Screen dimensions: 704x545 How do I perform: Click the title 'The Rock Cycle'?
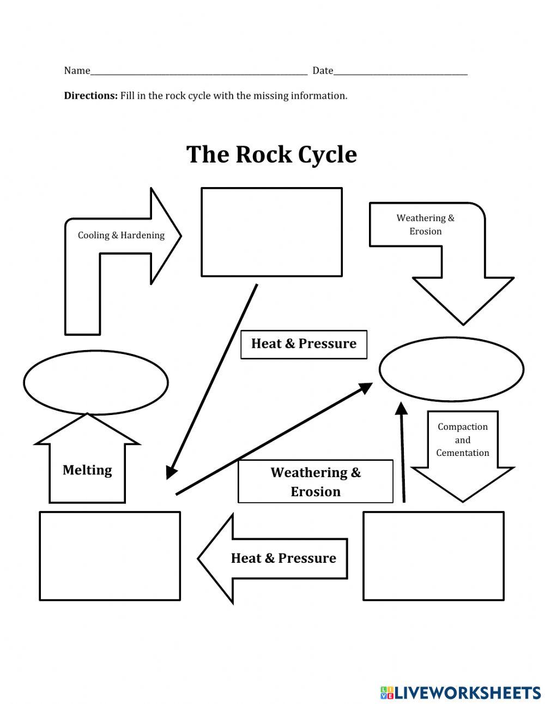[271, 154]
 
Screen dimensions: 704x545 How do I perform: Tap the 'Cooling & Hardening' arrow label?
[121, 235]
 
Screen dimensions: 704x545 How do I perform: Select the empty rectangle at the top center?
[271, 232]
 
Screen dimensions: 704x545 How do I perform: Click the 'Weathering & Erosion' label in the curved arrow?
[425, 225]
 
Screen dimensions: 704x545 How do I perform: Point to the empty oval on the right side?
[451, 369]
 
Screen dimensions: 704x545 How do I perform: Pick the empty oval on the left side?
[95, 382]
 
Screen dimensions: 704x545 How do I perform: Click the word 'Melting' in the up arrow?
[87, 470]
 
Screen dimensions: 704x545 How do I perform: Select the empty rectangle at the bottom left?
[110, 556]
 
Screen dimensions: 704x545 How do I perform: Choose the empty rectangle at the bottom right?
[433, 556]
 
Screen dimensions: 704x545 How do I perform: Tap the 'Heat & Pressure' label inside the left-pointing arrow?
[283, 558]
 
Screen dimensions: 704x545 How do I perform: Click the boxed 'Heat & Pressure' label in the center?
[304, 344]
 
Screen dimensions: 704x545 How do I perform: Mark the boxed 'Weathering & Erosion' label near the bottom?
[316, 482]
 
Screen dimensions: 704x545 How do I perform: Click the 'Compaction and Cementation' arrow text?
[463, 440]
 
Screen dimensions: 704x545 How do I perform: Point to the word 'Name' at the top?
[77, 70]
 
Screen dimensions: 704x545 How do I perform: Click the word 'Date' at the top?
[323, 70]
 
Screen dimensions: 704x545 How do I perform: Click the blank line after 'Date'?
[401, 72]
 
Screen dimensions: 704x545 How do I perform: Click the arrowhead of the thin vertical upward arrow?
[401, 409]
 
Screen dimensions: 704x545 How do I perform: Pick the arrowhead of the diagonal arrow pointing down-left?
[171, 472]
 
